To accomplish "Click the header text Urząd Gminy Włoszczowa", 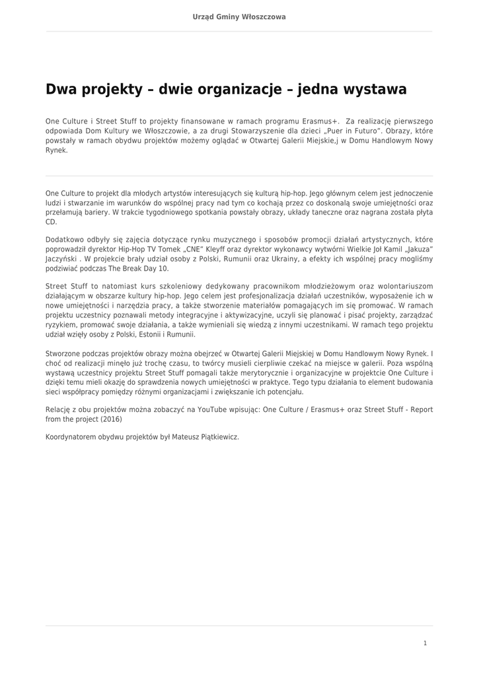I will tap(239, 17).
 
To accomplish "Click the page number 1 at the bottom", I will tap(425, 643).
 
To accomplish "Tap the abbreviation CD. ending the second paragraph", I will tap(51, 222).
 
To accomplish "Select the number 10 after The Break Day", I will tap(165, 269).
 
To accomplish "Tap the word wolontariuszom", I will tap(404, 287).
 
